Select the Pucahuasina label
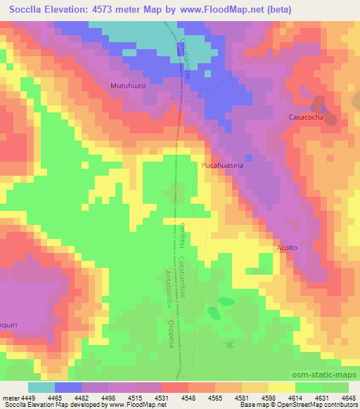pyautogui.click(x=222, y=165)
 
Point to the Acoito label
pyautogui.click(x=289, y=247)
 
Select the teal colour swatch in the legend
pyautogui.click(x=41, y=387)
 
